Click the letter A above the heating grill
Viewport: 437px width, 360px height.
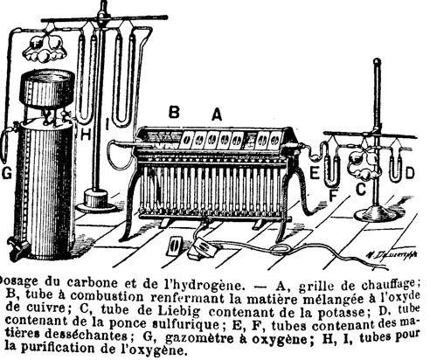(x=217, y=114)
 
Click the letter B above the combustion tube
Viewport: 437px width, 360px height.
(x=174, y=112)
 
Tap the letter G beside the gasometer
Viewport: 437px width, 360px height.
(x=7, y=173)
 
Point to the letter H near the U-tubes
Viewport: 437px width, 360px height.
(x=86, y=135)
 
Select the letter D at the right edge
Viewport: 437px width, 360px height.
(x=410, y=173)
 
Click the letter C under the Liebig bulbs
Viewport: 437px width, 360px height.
(x=361, y=190)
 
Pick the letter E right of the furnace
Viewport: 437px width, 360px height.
(x=315, y=173)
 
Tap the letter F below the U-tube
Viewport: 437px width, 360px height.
(x=333, y=195)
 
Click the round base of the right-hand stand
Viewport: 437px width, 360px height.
(x=376, y=214)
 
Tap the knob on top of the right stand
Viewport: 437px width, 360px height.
(x=377, y=62)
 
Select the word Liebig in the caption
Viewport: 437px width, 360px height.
(x=179, y=310)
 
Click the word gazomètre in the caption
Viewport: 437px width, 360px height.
(x=202, y=338)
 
